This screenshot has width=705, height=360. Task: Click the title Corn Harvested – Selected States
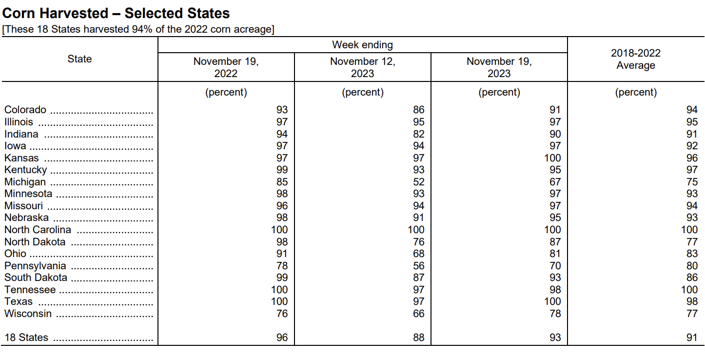coord(116,13)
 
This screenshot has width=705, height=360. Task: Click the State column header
coord(79,59)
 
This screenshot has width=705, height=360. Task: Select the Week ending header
coord(363,45)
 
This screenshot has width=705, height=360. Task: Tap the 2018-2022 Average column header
coord(636,59)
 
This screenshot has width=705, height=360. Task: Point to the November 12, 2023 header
coord(363,67)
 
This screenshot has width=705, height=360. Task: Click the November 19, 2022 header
coord(226,67)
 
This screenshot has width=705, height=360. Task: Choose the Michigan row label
coord(25,182)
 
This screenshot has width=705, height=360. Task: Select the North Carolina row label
coord(38,230)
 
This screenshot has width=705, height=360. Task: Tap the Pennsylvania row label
coord(35,266)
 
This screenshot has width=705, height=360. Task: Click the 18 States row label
coord(26,338)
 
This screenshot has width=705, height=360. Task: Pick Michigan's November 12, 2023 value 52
coord(419,182)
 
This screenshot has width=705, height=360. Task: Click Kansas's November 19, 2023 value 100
coord(553,158)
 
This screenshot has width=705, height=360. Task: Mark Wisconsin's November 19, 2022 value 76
coord(282,313)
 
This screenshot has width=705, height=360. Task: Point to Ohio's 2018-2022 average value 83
coord(692,254)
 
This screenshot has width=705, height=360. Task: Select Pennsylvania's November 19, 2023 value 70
coord(555,266)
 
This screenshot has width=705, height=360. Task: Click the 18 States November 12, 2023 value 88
coord(419,338)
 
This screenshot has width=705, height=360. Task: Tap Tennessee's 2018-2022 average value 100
coord(689,289)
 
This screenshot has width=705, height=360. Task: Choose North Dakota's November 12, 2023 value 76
coord(419,241)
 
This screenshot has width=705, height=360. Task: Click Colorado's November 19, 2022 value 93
coord(282,110)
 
